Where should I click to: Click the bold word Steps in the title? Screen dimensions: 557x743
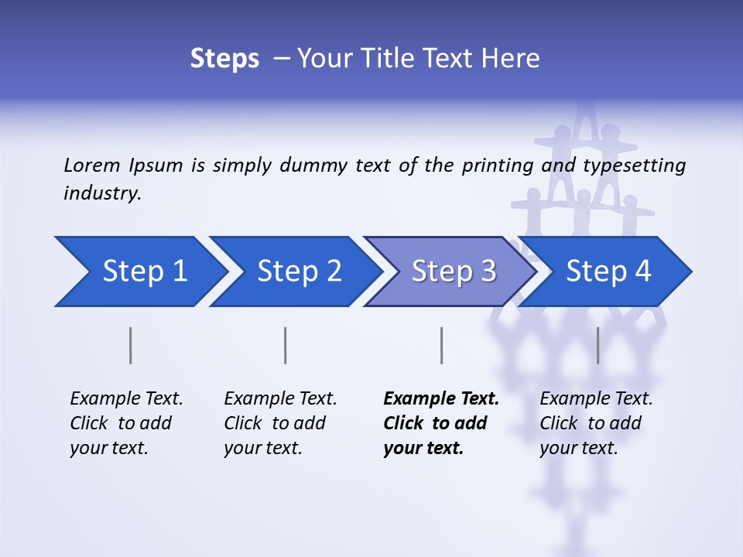point(224,59)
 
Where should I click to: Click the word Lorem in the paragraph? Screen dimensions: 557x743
point(92,165)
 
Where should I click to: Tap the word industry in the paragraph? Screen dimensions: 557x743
point(101,193)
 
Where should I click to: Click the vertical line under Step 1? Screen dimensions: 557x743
point(131,345)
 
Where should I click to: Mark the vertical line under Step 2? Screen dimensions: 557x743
point(286,345)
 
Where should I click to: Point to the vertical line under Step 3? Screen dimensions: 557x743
point(441,345)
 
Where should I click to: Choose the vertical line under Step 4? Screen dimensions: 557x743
point(597,345)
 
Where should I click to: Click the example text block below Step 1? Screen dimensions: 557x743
point(126,423)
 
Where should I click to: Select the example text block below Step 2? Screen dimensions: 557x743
point(280,423)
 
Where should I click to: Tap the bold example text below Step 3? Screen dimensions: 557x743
point(441,423)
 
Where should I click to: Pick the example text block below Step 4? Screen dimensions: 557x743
point(596,423)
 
